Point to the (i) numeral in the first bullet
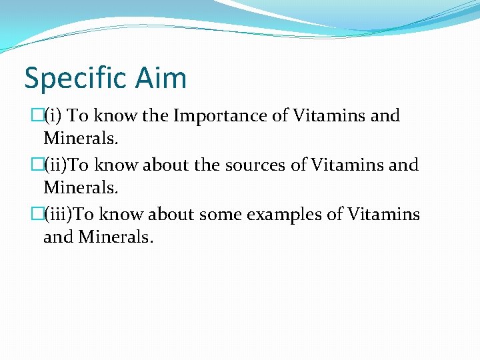tap(55, 116)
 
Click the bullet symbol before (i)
tap(37, 116)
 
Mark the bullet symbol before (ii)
tap(37, 165)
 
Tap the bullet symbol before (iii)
tap(37, 214)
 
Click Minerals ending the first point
tap(81, 139)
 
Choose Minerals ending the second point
tap(81, 188)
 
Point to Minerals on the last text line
tap(115, 237)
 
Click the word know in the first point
tap(115, 116)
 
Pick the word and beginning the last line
tap(58, 237)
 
